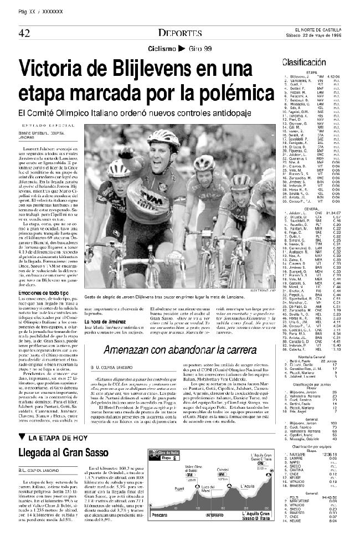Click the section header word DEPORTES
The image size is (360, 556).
[179, 33]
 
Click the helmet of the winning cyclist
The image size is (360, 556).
[163, 136]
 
